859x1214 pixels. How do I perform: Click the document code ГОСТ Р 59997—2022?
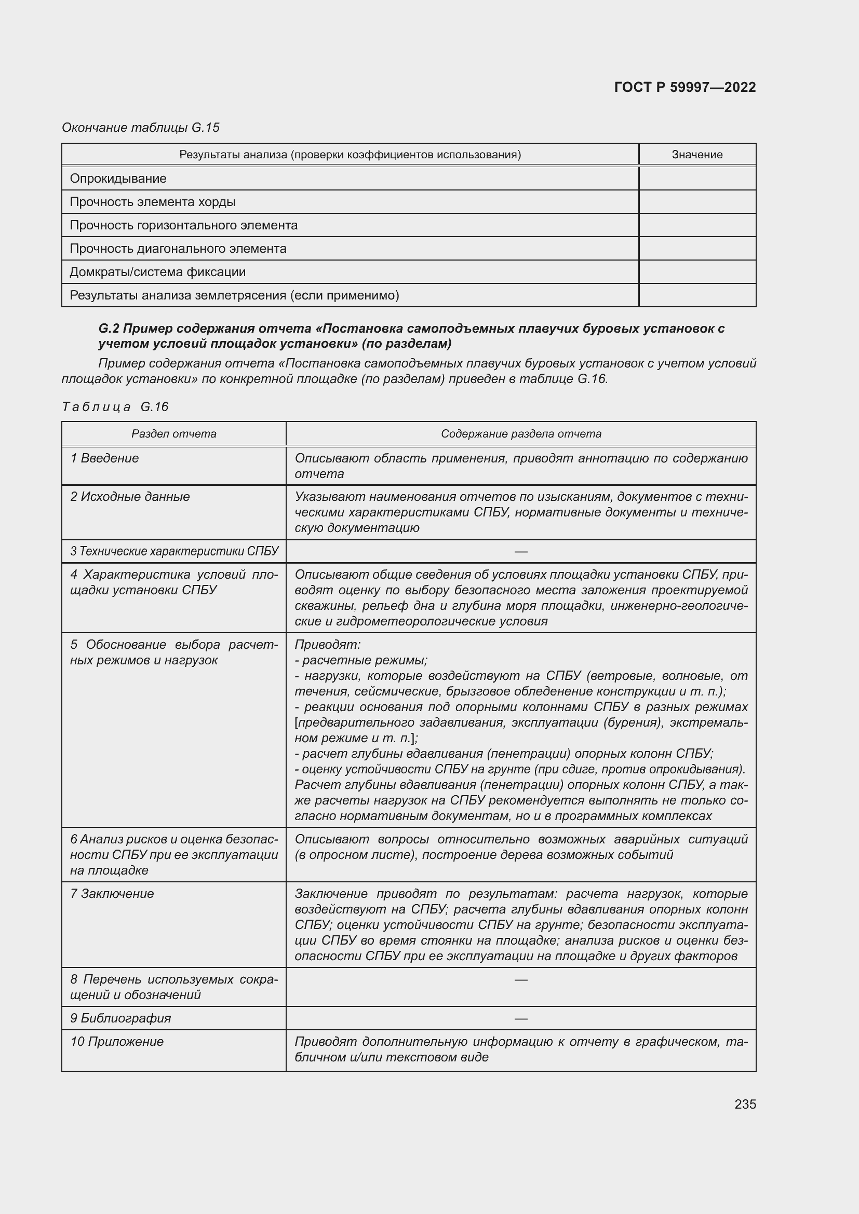[685, 87]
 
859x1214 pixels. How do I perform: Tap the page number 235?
[745, 1104]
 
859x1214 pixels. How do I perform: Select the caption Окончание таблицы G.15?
[141, 128]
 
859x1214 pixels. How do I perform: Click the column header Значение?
[696, 154]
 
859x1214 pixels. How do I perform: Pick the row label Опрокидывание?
[118, 179]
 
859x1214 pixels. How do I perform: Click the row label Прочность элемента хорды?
[152, 202]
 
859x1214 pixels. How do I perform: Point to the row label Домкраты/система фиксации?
[158, 272]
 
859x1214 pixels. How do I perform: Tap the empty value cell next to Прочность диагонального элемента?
[696, 249]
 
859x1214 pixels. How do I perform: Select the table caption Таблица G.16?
[115, 406]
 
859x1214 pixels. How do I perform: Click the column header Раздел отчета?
[173, 433]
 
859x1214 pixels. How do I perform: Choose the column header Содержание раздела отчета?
[520, 433]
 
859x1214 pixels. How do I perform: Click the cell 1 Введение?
[105, 458]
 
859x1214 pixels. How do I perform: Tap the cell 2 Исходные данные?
[130, 497]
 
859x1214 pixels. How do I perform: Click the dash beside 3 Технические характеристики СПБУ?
[520, 552]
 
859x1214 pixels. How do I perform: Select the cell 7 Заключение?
[112, 894]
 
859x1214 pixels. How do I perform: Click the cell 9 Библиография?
[120, 1018]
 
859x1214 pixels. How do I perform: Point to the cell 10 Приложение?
[117, 1041]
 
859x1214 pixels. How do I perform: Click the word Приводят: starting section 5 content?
[327, 645]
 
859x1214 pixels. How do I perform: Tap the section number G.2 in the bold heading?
[109, 329]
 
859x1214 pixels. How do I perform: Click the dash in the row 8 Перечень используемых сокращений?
[520, 980]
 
